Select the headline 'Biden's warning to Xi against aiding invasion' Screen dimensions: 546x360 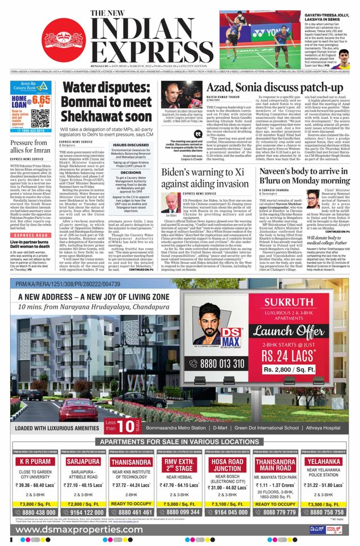[x=205, y=178]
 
